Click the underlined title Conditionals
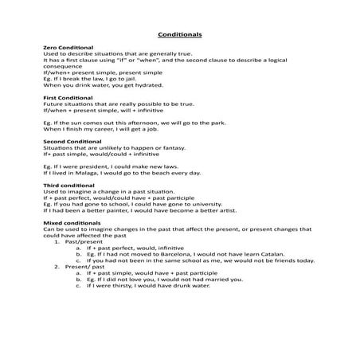[179, 35]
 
